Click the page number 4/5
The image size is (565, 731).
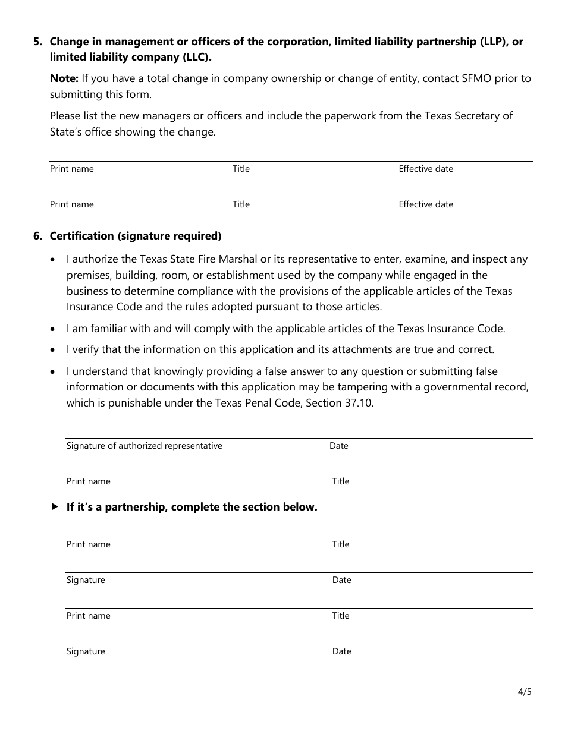524,692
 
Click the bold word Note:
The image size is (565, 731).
64,78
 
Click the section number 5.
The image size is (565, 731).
37,42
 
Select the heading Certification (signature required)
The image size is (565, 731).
136,236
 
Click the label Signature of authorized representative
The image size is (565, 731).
144,446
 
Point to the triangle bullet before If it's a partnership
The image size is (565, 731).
55,507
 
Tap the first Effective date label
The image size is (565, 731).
425,169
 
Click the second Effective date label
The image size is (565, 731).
425,204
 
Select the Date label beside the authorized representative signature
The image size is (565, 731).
339,446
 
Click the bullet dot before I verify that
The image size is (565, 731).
54,350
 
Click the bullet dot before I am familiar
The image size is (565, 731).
54,329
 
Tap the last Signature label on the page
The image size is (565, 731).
86,651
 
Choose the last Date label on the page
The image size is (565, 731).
341,651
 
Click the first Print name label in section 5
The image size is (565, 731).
71,169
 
